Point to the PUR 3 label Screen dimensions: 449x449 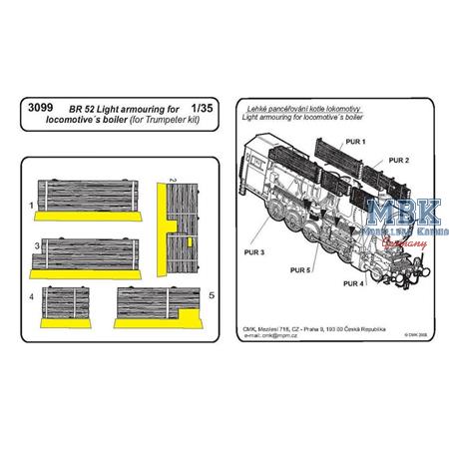tap(253, 253)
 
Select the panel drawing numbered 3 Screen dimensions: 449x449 tap(81, 256)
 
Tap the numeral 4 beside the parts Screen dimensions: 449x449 tap(32, 297)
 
